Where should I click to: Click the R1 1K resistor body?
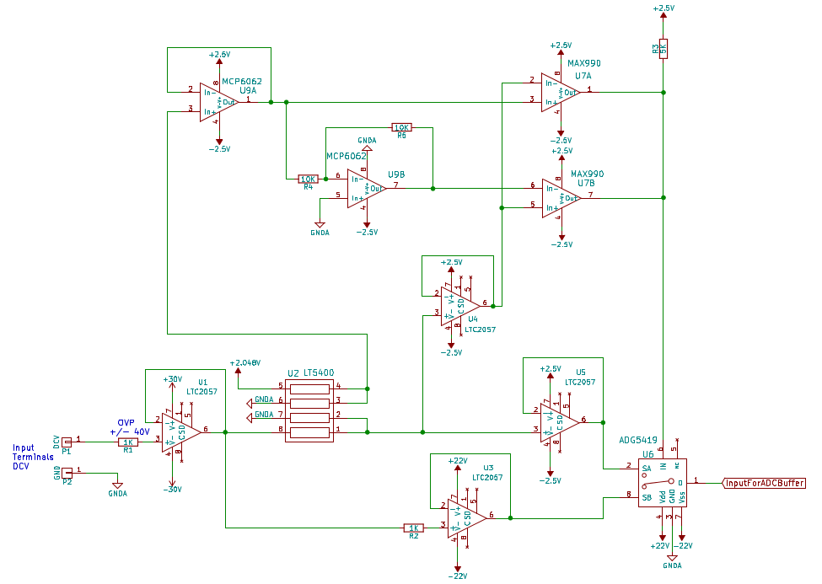(127, 442)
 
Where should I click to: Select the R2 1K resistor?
(414, 528)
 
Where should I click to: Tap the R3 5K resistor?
(664, 47)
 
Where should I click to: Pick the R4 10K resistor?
(309, 179)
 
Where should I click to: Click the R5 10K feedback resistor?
(402, 127)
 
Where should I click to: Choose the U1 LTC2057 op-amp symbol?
(180, 431)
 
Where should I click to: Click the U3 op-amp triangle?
(465, 517)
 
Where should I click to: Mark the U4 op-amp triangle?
(457, 305)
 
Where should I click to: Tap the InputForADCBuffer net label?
(764, 483)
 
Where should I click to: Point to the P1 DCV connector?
(67, 440)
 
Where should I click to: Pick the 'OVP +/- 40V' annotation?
(130, 426)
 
